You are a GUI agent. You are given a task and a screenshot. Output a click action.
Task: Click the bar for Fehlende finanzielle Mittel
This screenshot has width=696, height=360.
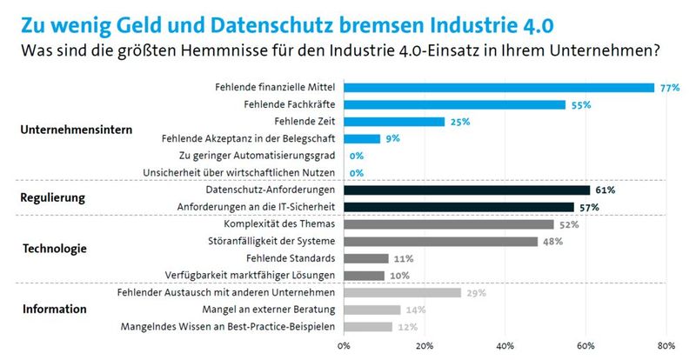pyautogui.click(x=499, y=87)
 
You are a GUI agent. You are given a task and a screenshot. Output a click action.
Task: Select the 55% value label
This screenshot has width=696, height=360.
pyautogui.click(x=581, y=104)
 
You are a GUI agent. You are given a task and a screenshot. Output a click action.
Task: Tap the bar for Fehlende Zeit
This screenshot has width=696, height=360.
pyautogui.click(x=395, y=122)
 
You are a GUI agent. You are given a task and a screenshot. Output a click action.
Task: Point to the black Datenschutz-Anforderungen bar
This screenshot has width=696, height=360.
pyautogui.click(x=467, y=190)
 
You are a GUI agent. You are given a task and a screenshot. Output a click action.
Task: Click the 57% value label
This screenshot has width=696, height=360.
pyautogui.click(x=589, y=207)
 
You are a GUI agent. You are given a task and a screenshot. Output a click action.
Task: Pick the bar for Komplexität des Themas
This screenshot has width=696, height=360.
pyautogui.click(x=449, y=223)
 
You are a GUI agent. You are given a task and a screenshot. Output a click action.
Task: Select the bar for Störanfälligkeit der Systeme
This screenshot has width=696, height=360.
pyautogui.click(x=441, y=241)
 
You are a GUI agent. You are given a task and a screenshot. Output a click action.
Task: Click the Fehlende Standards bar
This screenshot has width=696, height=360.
pyautogui.click(x=366, y=258)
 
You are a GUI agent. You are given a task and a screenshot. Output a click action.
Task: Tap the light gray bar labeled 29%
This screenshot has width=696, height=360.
pyautogui.click(x=403, y=292)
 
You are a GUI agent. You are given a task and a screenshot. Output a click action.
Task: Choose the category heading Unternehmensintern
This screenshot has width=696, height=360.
pyautogui.click(x=77, y=130)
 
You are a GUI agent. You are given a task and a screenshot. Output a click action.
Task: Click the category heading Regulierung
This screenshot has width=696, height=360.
pyautogui.click(x=52, y=198)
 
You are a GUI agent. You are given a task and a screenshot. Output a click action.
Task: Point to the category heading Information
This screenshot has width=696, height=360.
pyautogui.click(x=54, y=309)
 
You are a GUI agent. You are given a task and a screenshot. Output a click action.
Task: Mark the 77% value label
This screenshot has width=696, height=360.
pyautogui.click(x=669, y=88)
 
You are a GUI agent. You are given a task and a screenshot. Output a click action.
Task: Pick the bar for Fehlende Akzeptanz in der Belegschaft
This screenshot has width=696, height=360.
pyautogui.click(x=363, y=138)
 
